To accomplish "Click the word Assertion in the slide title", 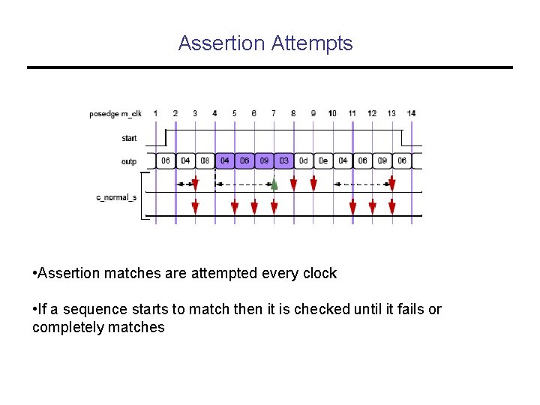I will click(x=221, y=43).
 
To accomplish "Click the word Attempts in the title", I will click(x=312, y=43).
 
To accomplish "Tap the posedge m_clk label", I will click(x=115, y=114).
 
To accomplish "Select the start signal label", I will click(x=129, y=138).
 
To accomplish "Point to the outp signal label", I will click(x=129, y=161).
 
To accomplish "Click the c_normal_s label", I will click(x=116, y=197).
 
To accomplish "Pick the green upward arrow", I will click(x=274, y=184).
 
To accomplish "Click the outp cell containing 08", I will click(x=205, y=161).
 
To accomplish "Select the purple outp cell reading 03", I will click(x=283, y=161).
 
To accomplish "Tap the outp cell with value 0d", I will click(x=303, y=161).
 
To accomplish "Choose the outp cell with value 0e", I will click(x=322, y=161).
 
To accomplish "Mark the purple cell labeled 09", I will click(x=264, y=161).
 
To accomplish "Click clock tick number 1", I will click(x=156, y=113).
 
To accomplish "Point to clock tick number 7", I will click(x=274, y=113).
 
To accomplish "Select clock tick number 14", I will click(x=412, y=113).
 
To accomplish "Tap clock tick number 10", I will click(x=332, y=113).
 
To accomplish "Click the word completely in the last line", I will click(x=72, y=327).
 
